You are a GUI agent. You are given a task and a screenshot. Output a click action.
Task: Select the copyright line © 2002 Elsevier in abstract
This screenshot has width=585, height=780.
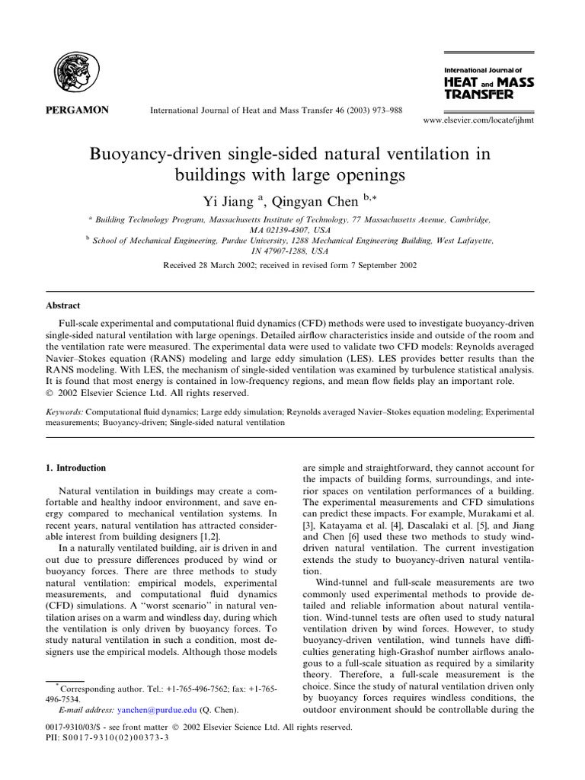pos(149,393)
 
